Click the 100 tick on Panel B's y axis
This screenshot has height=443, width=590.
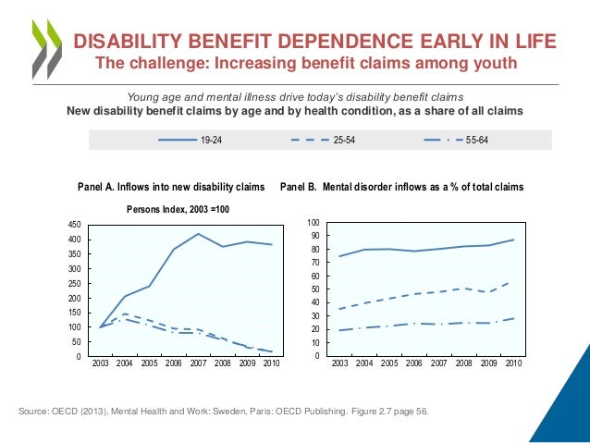tap(313, 224)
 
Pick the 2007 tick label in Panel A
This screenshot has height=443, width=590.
tap(197, 365)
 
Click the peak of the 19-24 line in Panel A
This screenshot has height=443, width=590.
tap(197, 234)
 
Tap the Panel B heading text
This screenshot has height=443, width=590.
tap(401, 187)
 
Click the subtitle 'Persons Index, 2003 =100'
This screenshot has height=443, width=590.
tap(178, 210)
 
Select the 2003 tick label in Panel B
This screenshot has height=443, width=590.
tap(339, 365)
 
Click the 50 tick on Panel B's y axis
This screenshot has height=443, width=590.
tap(315, 290)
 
